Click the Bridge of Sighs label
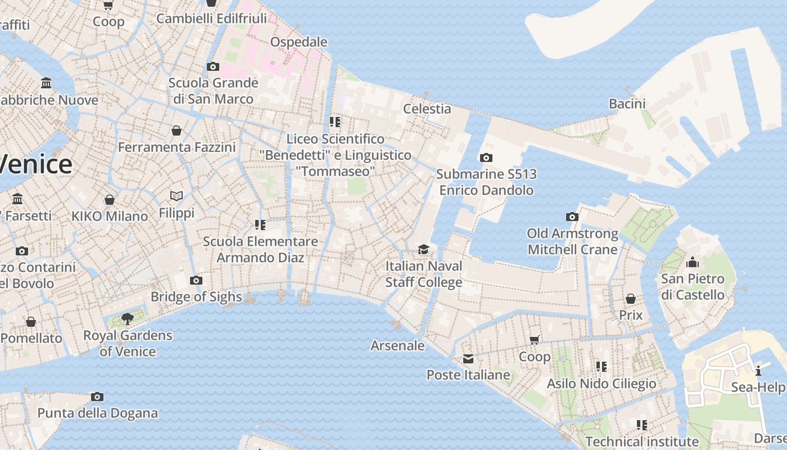click(196, 296)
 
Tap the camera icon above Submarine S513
click(486, 158)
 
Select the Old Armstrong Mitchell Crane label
click(572, 241)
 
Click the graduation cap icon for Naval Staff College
click(423, 249)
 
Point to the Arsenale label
click(397, 345)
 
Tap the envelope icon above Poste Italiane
click(468, 359)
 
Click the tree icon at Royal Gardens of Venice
click(128, 319)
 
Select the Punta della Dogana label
click(97, 413)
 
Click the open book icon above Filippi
click(177, 196)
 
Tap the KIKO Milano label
click(110, 216)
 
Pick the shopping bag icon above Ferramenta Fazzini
click(177, 131)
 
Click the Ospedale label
click(298, 42)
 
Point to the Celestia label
click(427, 109)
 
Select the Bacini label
click(627, 103)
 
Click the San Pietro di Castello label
click(693, 287)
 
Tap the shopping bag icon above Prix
click(631, 299)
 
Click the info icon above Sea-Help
click(758, 371)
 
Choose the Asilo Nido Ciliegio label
click(601, 384)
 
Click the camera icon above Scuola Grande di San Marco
click(212, 67)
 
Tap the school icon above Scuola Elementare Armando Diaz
click(260, 225)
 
